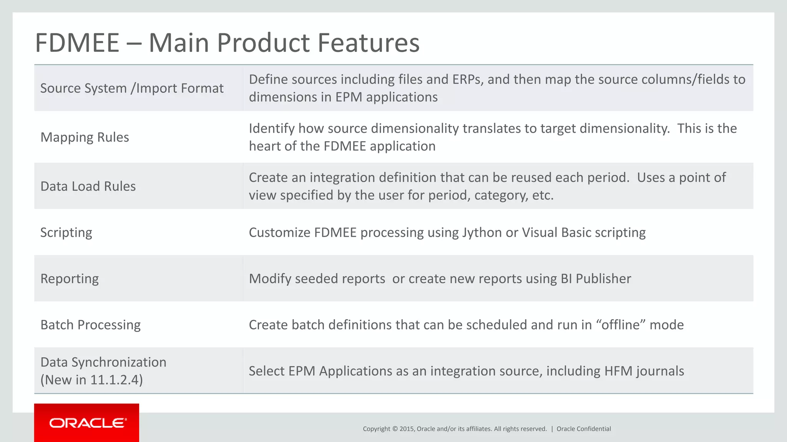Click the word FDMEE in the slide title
point(77,43)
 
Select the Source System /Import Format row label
point(132,88)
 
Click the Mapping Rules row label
point(85,137)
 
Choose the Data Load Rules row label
point(88,186)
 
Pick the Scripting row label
point(66,233)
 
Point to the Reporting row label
point(70,279)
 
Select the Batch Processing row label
point(90,325)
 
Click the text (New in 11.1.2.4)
point(91,380)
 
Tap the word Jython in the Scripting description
point(482,233)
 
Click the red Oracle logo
point(86,423)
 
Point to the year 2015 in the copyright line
point(406,429)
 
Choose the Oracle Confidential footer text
point(583,429)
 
